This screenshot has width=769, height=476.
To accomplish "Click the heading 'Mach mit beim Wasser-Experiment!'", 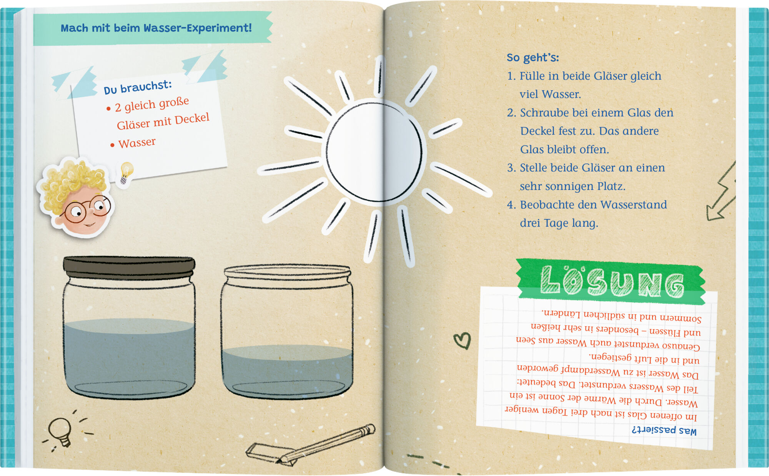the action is pyautogui.click(x=156, y=28).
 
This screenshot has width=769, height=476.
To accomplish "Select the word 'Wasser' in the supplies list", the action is pyautogui.click(x=137, y=143).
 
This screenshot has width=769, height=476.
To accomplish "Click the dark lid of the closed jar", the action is pyautogui.click(x=129, y=266).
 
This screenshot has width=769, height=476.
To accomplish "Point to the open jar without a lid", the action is pyautogui.click(x=287, y=331).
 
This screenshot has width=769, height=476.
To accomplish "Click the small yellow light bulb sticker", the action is pyautogui.click(x=126, y=173).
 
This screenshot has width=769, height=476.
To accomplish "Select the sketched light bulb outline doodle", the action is pyautogui.click(x=61, y=431).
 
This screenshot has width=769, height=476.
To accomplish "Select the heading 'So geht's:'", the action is pyautogui.click(x=533, y=58).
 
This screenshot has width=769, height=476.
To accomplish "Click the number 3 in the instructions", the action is pyautogui.click(x=511, y=168).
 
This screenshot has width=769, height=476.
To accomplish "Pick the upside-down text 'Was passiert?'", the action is pyautogui.click(x=664, y=430).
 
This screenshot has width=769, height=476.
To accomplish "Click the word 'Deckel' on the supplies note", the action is pyautogui.click(x=192, y=118).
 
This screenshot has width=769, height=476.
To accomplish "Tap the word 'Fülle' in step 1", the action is pyautogui.click(x=532, y=76).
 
